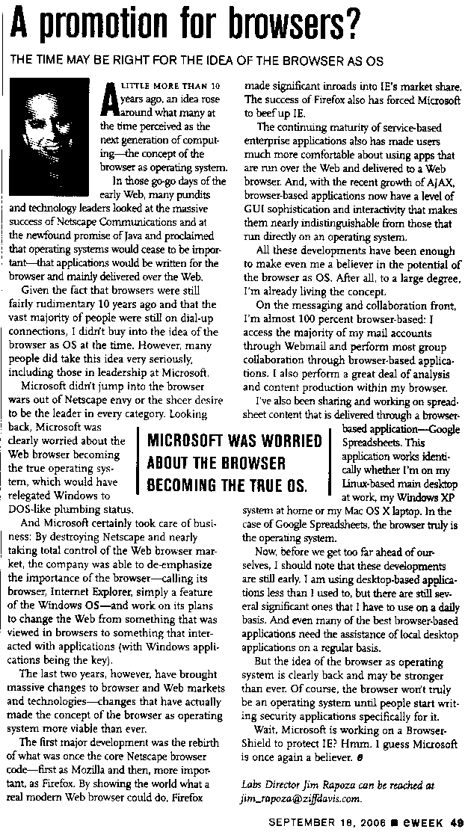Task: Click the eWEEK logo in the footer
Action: pos(423,823)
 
